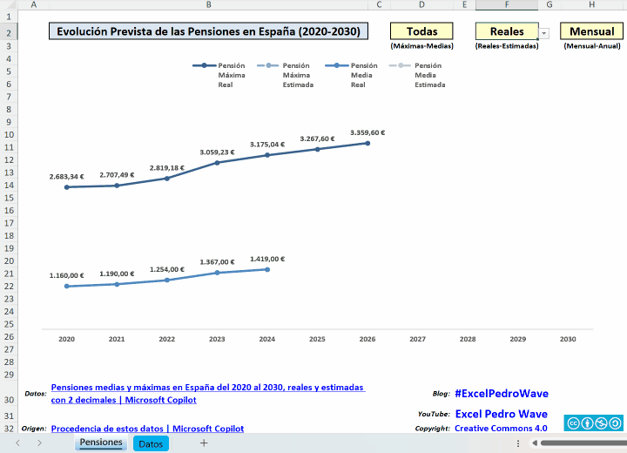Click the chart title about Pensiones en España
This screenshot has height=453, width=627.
[208, 31]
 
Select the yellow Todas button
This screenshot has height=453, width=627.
[421, 31]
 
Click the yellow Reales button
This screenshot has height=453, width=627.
[506, 31]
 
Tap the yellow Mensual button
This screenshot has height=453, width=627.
[591, 31]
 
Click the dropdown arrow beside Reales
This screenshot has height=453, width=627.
[544, 33]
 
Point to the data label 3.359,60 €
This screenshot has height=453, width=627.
[367, 132]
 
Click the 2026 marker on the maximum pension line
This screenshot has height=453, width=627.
[367, 143]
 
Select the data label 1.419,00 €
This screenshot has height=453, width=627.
[267, 259]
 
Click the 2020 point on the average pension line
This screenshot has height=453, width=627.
[67, 286]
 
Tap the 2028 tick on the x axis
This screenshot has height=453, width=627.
[468, 339]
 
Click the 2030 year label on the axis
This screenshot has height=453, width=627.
[568, 339]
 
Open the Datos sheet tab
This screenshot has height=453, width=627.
[151, 443]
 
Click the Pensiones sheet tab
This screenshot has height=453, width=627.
[101, 443]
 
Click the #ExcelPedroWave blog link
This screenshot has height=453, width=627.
[502, 394]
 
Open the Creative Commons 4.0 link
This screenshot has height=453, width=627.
[501, 428]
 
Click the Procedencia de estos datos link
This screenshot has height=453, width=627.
[147, 429]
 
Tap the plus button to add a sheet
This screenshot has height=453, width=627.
[204, 443]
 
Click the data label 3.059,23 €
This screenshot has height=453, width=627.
[217, 152]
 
